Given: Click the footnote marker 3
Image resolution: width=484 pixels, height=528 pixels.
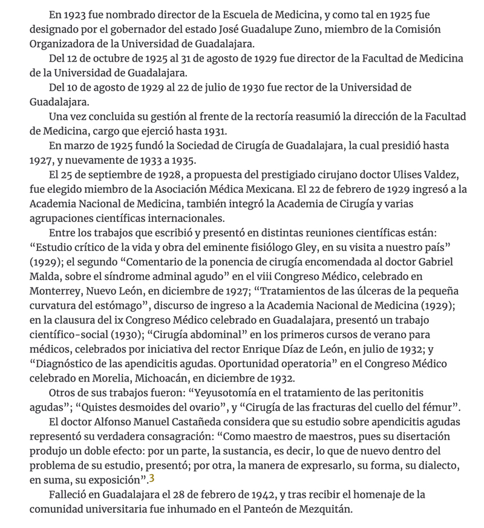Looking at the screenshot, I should pyautogui.click(x=152, y=480).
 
